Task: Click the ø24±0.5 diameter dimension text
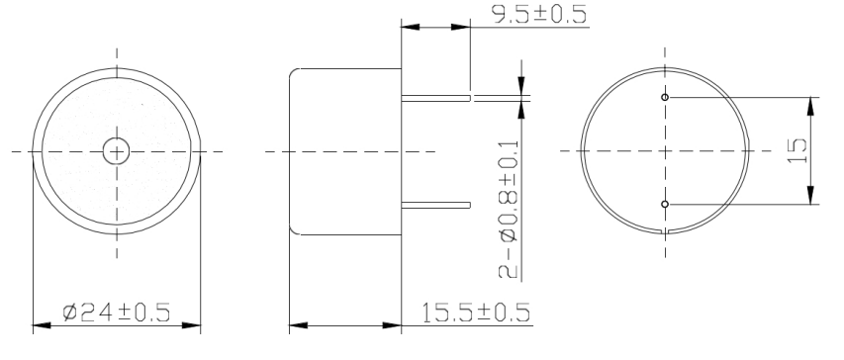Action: coord(117,313)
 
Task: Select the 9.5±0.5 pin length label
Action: coord(539,14)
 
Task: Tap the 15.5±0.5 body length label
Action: coord(475,313)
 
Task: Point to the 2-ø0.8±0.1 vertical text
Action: coord(510,209)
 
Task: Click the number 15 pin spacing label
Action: coord(797,151)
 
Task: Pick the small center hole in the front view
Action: coord(117,151)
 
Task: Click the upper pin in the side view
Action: coord(435,98)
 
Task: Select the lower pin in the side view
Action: coord(435,205)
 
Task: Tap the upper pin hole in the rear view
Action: coord(665,97)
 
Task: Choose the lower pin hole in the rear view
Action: coord(665,204)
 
